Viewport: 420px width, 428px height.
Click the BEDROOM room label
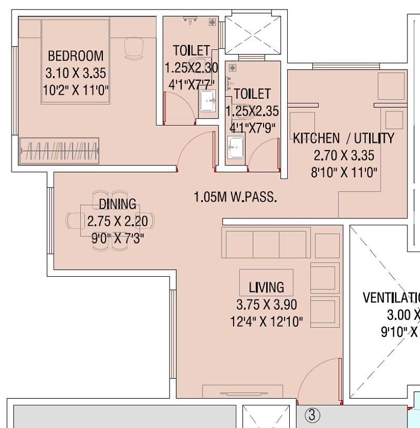coord(76,56)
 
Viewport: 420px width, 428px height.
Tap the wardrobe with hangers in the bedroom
coord(59,151)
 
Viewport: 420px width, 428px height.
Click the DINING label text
coord(118,204)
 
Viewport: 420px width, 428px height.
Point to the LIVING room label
coord(266,287)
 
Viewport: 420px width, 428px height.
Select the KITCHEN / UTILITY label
coord(343,139)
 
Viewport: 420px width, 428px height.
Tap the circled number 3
coord(313,416)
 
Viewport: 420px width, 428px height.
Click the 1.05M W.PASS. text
coord(235,197)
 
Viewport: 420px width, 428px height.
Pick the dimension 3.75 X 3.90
coord(266,305)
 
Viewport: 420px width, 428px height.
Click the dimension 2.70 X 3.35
coord(344,155)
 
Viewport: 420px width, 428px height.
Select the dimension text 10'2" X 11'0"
coord(76,90)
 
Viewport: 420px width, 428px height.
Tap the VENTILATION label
coord(391,298)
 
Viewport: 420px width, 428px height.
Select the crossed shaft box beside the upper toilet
coord(253,35)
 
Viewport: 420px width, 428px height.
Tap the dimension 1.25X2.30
coord(191,68)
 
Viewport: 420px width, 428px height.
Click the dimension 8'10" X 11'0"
coord(344,172)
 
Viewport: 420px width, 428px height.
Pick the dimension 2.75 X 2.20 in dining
coord(118,221)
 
